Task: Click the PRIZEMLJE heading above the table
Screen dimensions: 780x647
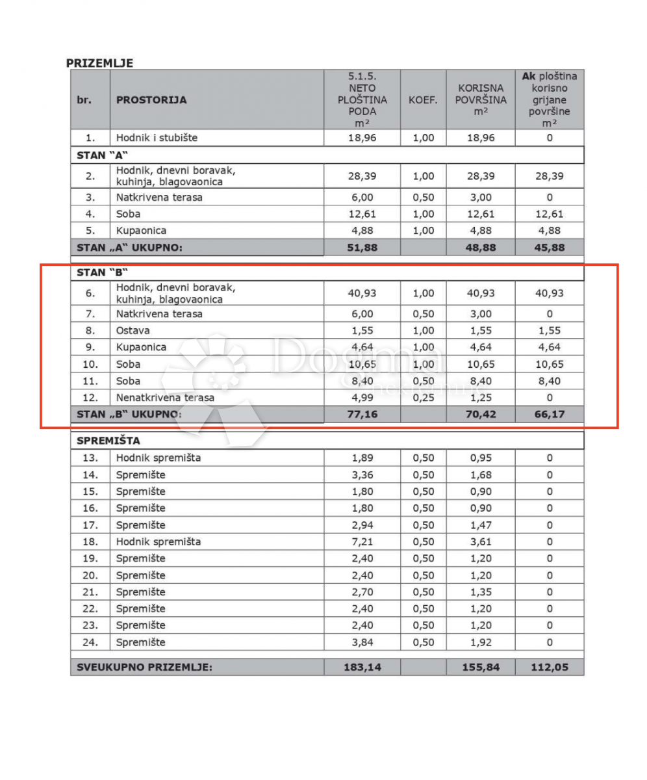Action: click(99, 63)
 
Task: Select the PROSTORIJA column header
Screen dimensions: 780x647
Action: click(151, 100)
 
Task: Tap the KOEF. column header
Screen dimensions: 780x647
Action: click(423, 100)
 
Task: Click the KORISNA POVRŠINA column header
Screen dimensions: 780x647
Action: click(481, 100)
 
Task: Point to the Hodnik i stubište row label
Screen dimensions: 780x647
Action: click(157, 138)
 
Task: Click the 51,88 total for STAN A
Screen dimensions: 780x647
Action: click(362, 248)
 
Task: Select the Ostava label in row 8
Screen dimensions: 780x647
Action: click(133, 330)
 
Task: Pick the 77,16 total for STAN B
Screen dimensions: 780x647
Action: click(362, 414)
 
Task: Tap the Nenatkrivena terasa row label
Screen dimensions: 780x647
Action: click(165, 397)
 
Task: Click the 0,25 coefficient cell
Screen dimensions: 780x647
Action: click(424, 397)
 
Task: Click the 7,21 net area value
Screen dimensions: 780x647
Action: click(362, 541)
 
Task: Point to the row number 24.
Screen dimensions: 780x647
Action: click(90, 642)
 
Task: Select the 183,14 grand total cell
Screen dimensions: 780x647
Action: click(362, 667)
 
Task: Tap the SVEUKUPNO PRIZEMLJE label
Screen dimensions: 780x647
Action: click(144, 667)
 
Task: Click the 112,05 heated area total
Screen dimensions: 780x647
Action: click(550, 667)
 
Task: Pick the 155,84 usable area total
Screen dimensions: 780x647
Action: click(481, 667)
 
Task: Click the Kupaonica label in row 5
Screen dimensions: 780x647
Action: click(141, 231)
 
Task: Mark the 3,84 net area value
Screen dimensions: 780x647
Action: click(362, 642)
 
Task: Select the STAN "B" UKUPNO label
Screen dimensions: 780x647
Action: click(129, 414)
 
